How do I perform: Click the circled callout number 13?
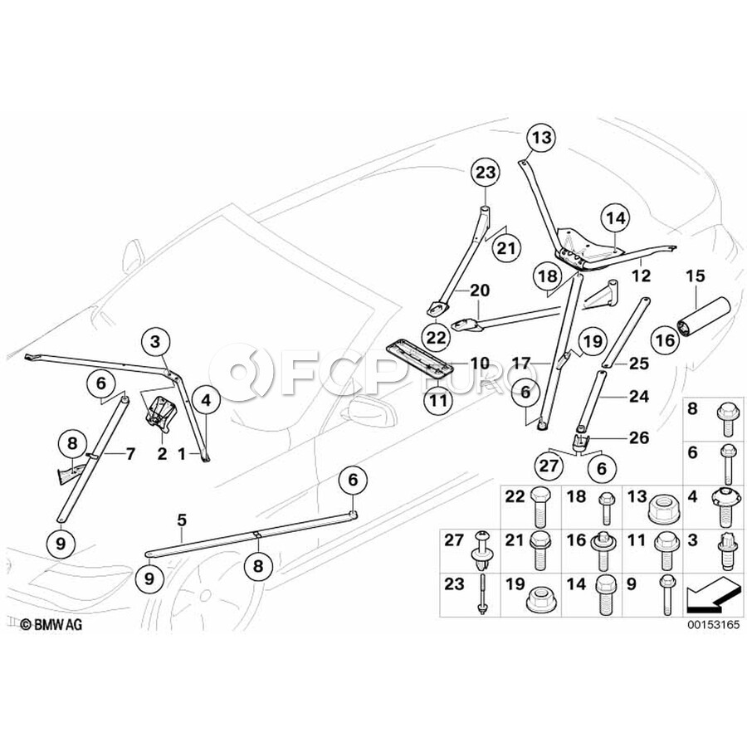[542, 138]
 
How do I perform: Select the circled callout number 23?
[486, 173]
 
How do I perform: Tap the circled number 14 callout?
[616, 218]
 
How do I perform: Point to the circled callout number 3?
[155, 341]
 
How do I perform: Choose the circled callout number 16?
[666, 340]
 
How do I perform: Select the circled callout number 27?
[549, 466]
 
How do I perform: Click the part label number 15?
[695, 276]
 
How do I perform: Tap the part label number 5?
[182, 520]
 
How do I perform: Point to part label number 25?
[639, 364]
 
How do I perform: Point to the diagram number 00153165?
[713, 624]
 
